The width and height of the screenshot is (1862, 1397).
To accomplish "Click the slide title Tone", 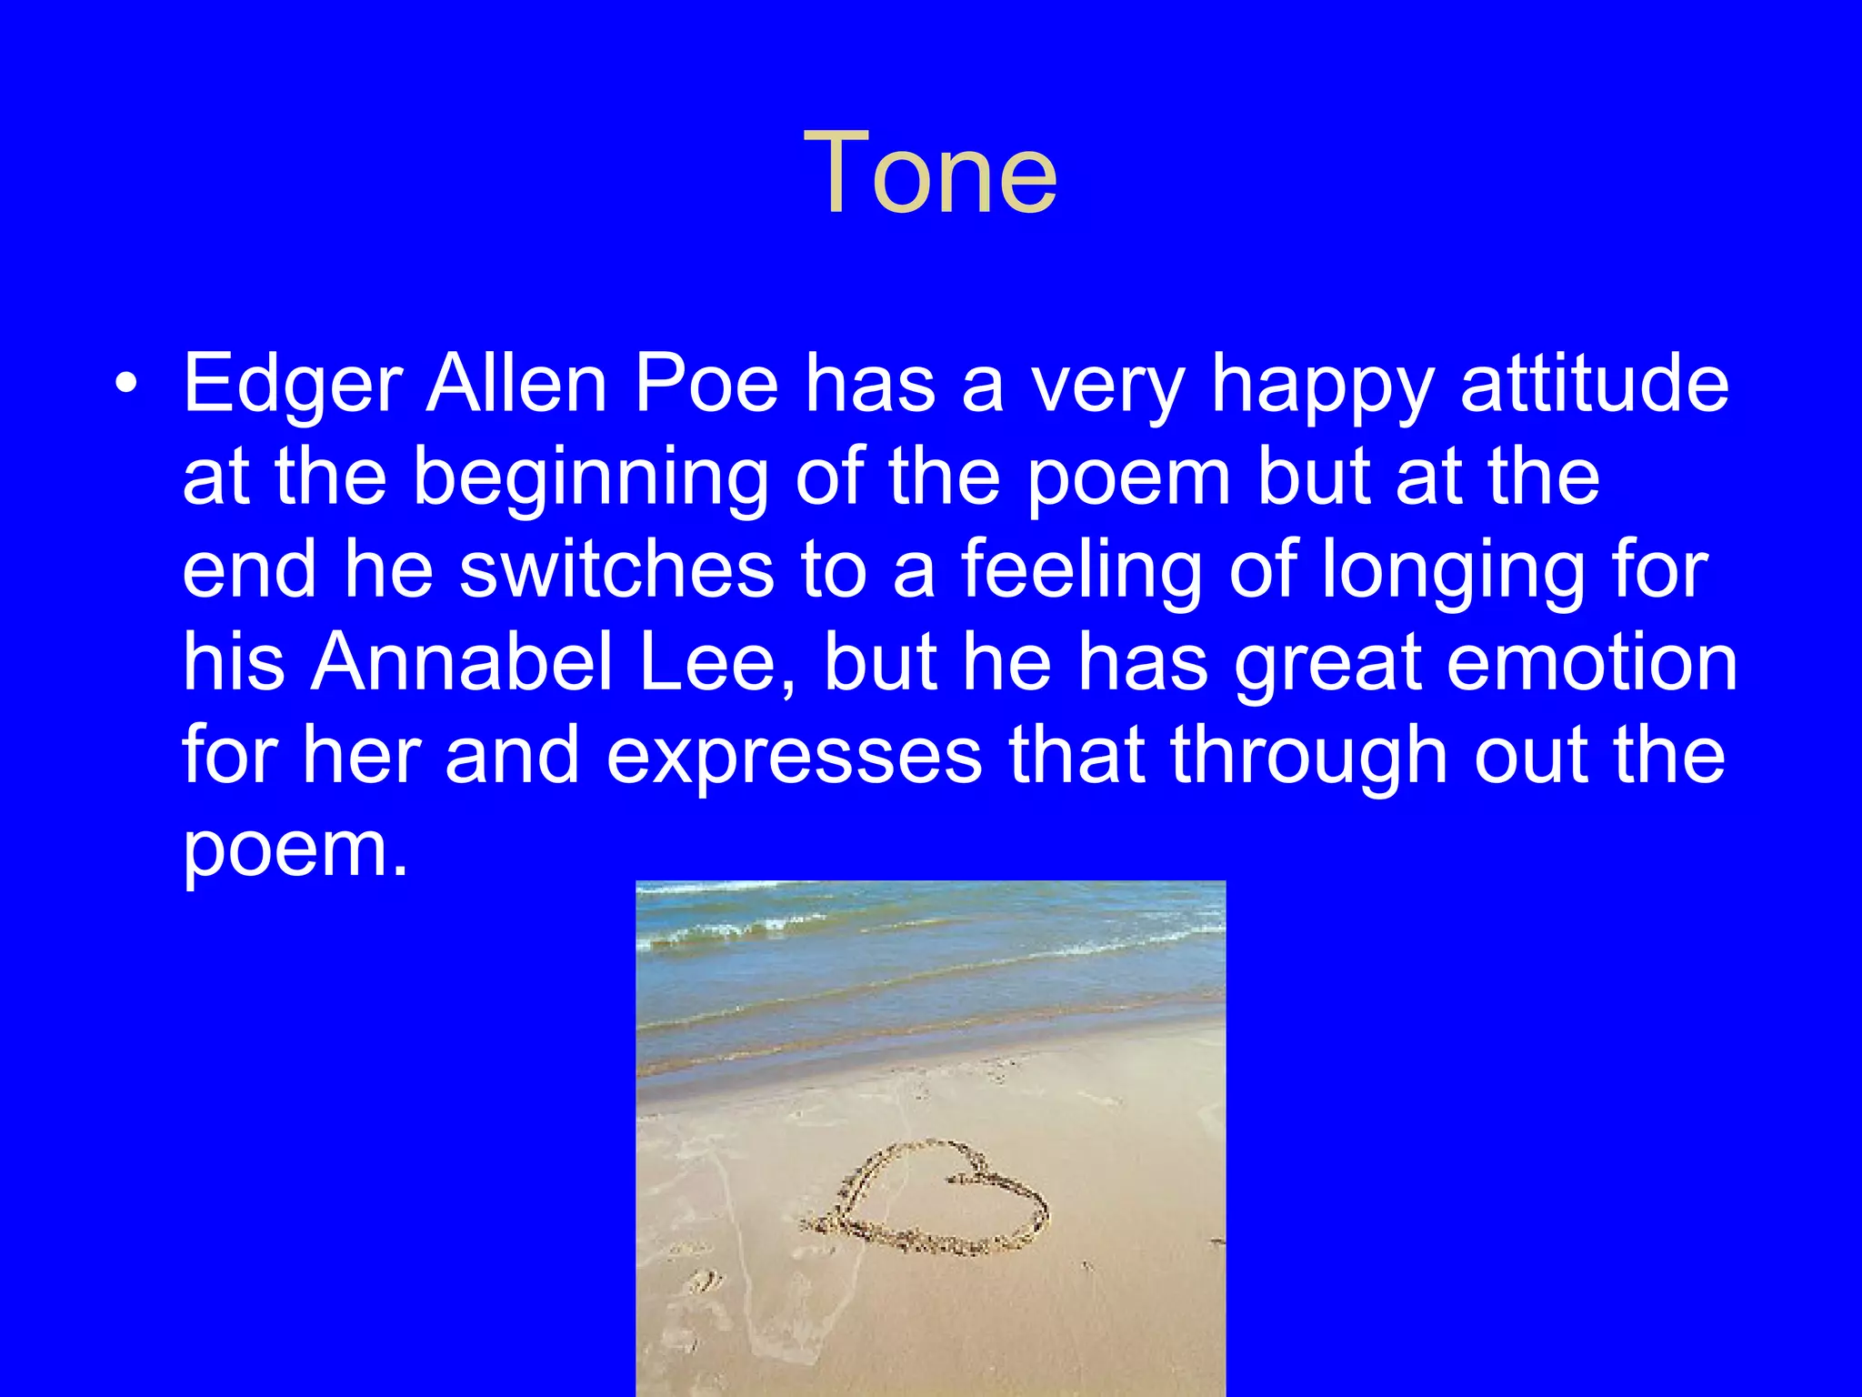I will tap(930, 173).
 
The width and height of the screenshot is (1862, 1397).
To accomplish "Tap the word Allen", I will tap(516, 383).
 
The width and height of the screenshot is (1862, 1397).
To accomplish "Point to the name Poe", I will tap(706, 383).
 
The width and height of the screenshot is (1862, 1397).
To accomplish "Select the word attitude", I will tap(1594, 383).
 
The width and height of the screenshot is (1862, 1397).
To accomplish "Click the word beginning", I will tap(591, 480).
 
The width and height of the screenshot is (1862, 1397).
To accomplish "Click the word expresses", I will tap(794, 758).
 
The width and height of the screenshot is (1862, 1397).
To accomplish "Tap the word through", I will tap(1308, 758).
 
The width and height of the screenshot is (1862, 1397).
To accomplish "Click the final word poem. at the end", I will tap(295, 851).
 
